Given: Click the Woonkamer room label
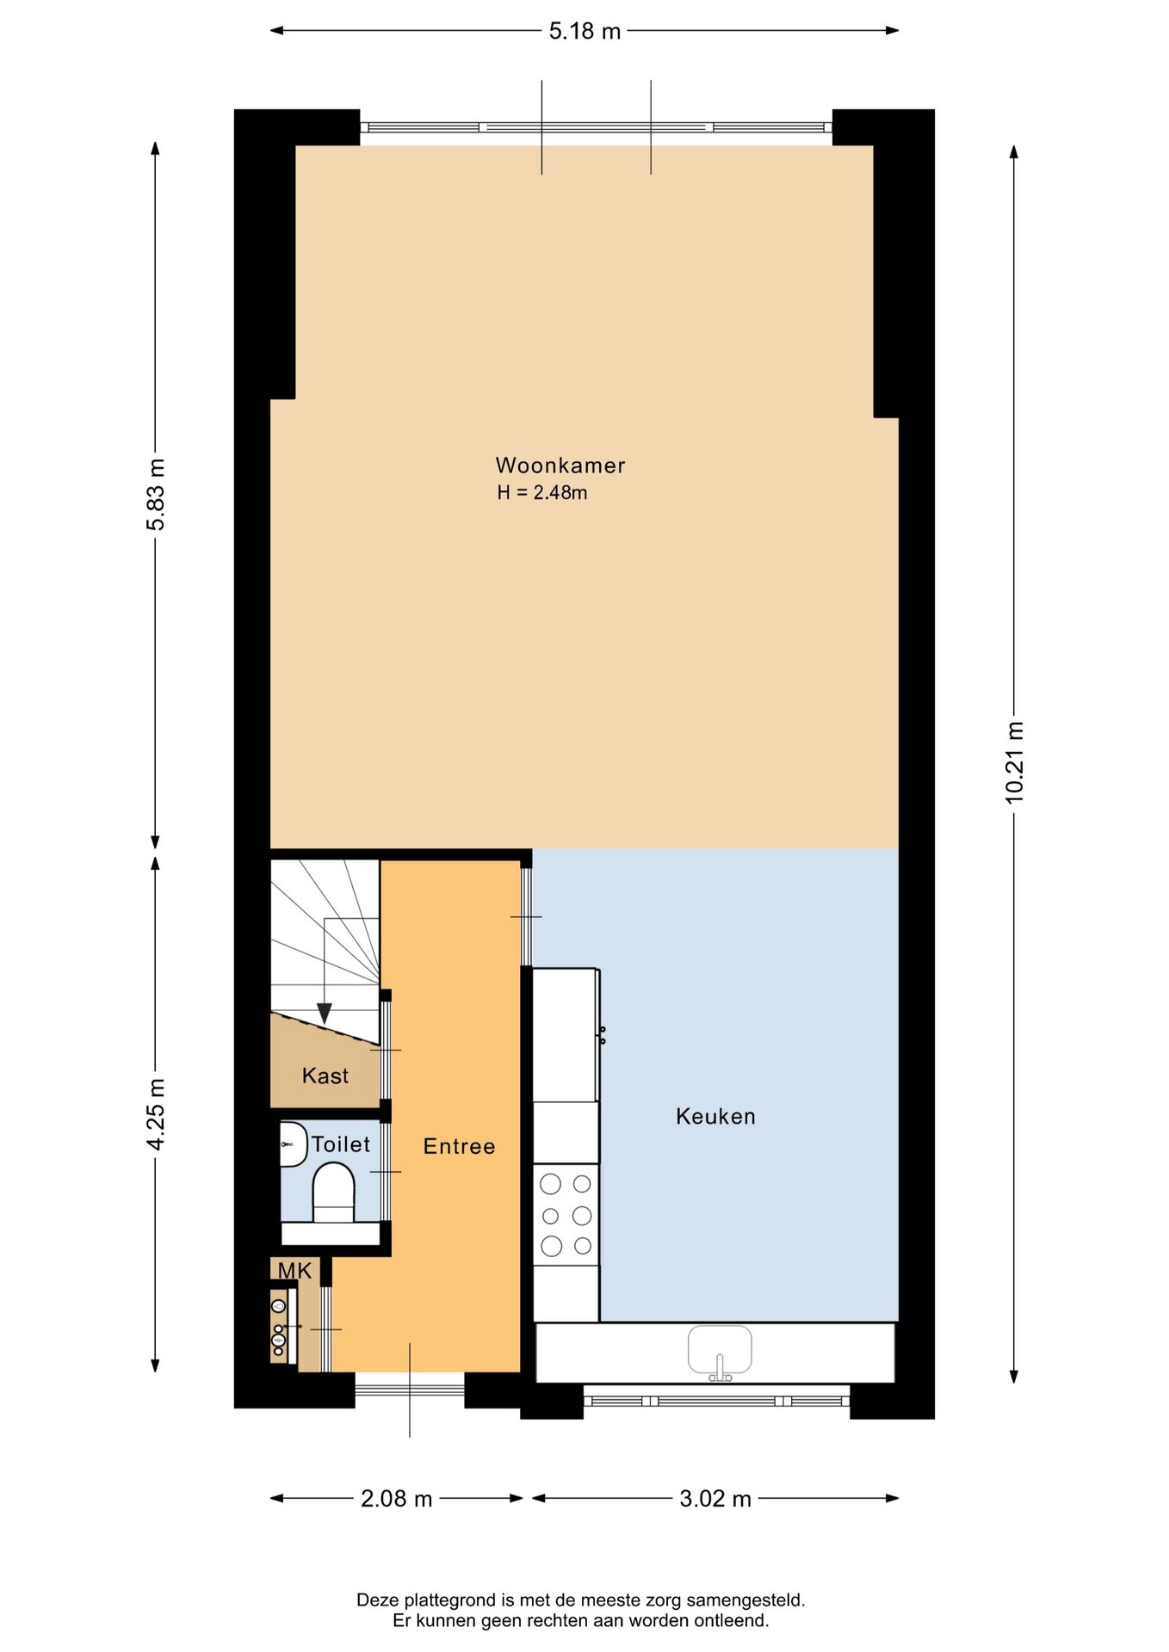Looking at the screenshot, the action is (560, 465).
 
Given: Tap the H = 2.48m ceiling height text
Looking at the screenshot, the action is (542, 493).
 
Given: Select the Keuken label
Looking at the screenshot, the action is (715, 1116).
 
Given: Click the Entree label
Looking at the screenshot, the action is (460, 1146).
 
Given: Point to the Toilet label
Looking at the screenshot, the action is (341, 1144).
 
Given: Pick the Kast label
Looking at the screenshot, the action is (325, 1076).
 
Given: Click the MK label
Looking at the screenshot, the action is (294, 1271).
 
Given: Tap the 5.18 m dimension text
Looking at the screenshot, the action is (584, 32).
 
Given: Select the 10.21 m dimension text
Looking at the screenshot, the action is (1015, 763).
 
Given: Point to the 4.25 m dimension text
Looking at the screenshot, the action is (156, 1114).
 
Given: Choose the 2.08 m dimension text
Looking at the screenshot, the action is (396, 1499).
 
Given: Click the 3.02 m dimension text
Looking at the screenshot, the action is (715, 1499).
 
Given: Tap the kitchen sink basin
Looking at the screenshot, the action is (720, 1349).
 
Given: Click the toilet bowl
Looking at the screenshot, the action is (333, 1192).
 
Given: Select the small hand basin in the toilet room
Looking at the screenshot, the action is (293, 1144).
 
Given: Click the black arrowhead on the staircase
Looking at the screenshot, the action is (325, 1014).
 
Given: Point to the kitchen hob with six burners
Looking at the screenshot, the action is (566, 1215).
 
